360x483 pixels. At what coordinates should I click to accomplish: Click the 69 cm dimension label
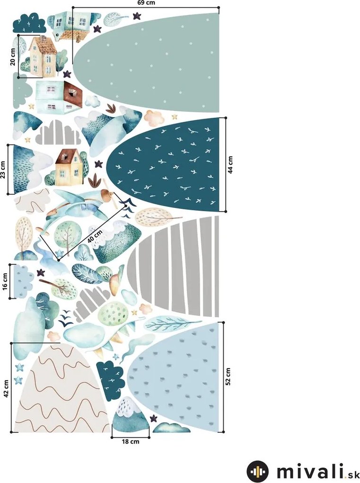coord(146,3)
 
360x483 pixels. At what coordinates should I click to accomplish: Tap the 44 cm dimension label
coord(230,164)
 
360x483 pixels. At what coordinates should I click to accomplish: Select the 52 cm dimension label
coord(228,376)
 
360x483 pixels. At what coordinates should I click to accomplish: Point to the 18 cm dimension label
coord(131,441)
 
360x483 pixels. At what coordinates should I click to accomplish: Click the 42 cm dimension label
coord(6,388)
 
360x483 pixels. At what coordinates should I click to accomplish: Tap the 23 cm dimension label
coord(3,170)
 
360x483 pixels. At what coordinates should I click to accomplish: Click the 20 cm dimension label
coord(13,57)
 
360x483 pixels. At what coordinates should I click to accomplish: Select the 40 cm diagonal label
coord(95,236)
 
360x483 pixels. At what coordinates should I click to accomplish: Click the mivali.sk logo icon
coord(257,472)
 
